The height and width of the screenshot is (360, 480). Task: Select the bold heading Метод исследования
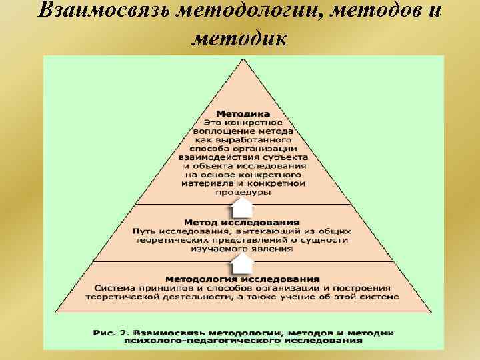(x=242, y=221)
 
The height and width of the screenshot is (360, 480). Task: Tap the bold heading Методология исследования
(x=243, y=279)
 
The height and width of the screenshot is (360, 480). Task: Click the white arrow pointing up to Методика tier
(x=242, y=205)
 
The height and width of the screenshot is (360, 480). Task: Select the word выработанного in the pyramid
(x=258, y=140)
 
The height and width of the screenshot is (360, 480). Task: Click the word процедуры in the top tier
(x=243, y=192)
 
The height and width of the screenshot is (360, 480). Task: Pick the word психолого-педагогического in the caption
(x=204, y=339)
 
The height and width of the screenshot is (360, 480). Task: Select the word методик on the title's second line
(x=239, y=39)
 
